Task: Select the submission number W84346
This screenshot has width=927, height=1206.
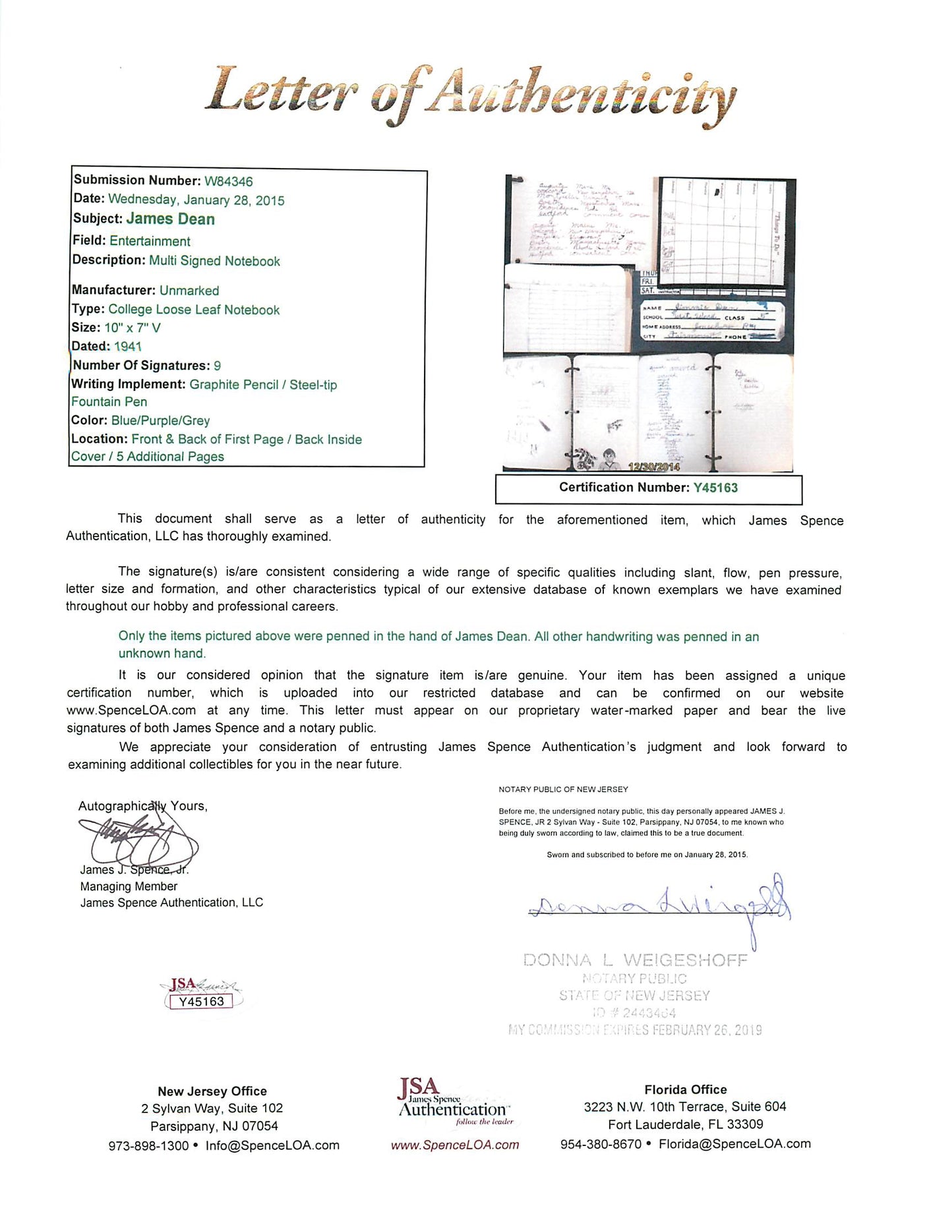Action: click(x=228, y=181)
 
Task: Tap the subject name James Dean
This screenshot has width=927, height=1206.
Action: click(x=170, y=219)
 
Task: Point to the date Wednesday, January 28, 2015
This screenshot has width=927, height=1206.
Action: click(x=196, y=200)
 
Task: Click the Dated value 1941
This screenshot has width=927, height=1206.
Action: click(x=128, y=346)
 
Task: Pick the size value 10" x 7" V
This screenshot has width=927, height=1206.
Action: click(x=133, y=328)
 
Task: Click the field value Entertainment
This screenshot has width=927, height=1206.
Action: click(x=150, y=241)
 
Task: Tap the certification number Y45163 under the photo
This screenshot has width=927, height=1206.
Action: click(x=715, y=488)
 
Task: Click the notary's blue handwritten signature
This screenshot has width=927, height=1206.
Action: click(x=659, y=906)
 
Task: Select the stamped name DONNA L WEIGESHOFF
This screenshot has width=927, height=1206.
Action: click(x=635, y=960)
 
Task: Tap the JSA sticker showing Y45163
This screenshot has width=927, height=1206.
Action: click(x=201, y=995)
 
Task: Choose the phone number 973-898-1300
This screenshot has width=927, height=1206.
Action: click(x=148, y=1146)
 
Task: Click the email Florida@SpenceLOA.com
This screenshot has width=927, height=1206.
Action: click(x=734, y=1144)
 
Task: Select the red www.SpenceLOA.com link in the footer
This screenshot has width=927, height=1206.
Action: click(x=455, y=1145)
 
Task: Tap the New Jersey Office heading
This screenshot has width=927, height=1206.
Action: click(x=212, y=1091)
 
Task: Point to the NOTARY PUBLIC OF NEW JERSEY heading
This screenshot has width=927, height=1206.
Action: click(x=563, y=789)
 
